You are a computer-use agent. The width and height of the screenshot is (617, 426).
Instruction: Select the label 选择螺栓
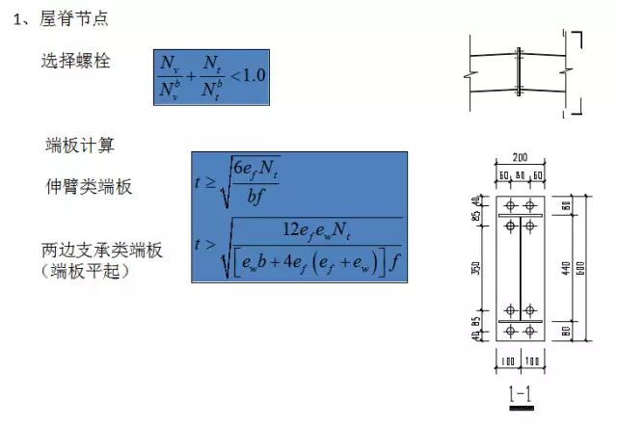pos(76,62)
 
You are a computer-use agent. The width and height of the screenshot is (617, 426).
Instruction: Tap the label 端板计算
pos(80,146)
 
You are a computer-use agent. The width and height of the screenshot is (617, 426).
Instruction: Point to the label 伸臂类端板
pos(90,186)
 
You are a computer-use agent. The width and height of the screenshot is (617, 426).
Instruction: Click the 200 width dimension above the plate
pos(521,156)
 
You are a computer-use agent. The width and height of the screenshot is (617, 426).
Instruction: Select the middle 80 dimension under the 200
pos(520,174)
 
